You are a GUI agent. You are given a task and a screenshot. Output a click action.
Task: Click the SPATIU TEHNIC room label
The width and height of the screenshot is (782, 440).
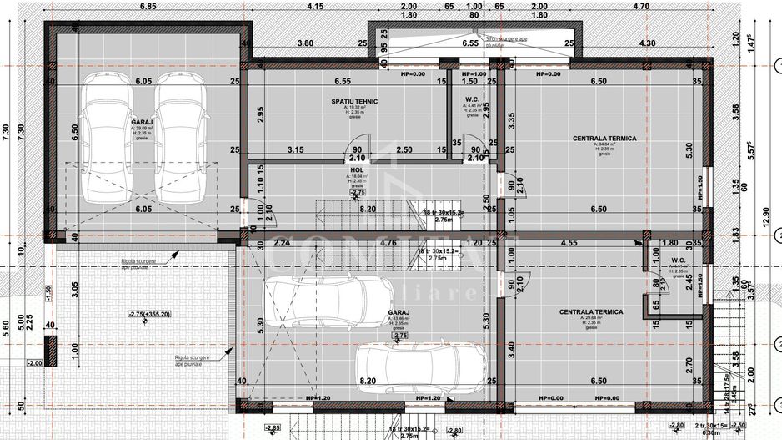point(353,101)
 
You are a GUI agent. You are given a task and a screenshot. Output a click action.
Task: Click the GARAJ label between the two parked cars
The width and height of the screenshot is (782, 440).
point(141,121)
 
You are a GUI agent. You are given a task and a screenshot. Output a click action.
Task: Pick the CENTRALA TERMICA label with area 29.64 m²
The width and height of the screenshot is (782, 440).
point(591,312)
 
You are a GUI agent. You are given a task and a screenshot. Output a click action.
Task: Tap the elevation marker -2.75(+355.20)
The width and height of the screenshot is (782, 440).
point(149,314)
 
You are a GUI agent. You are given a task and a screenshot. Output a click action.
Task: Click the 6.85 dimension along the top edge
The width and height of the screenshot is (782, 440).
point(148,6)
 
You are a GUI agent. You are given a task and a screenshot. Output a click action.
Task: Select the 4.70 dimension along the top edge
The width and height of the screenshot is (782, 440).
point(640,6)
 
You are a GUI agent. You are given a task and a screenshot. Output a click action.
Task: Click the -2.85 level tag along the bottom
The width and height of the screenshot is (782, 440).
point(272,429)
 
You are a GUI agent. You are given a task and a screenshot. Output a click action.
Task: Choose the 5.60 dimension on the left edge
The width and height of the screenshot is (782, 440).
point(7,327)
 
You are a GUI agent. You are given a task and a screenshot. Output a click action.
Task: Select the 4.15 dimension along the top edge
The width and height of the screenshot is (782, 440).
point(315,6)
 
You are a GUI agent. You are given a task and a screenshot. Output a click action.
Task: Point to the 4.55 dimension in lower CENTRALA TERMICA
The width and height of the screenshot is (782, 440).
point(569,244)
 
